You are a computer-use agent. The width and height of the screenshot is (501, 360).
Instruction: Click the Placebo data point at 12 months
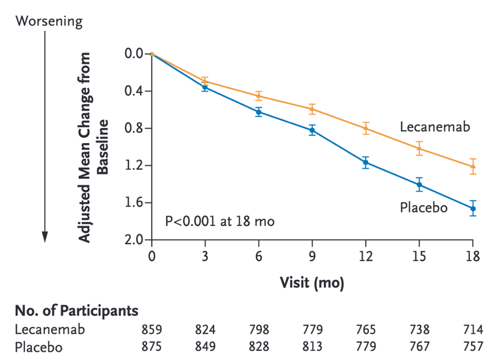click(366, 162)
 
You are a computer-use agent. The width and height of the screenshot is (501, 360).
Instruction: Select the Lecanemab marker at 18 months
click(473, 166)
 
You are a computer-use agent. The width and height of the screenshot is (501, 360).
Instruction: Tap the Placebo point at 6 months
click(259, 112)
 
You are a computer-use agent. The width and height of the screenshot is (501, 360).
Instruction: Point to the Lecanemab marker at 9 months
click(312, 109)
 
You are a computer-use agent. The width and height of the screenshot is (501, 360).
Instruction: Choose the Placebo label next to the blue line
click(423, 207)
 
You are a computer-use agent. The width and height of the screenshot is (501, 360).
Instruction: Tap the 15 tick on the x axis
click(419, 256)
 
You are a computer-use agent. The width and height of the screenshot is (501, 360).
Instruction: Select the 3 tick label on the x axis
click(205, 256)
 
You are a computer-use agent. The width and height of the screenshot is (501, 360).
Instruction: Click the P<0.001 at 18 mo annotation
click(219, 220)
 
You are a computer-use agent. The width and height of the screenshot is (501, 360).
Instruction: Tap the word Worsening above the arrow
click(49, 21)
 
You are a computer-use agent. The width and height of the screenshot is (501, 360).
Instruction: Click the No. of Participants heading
click(76, 311)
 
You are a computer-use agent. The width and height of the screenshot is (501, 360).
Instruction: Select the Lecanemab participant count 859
click(151, 329)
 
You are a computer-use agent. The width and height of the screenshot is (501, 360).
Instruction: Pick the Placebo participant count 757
click(473, 347)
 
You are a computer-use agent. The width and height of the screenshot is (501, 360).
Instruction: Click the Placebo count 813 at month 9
click(312, 347)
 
